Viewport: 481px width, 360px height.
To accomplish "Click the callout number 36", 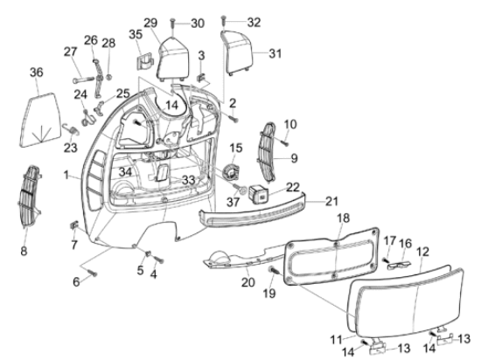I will (37, 72).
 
